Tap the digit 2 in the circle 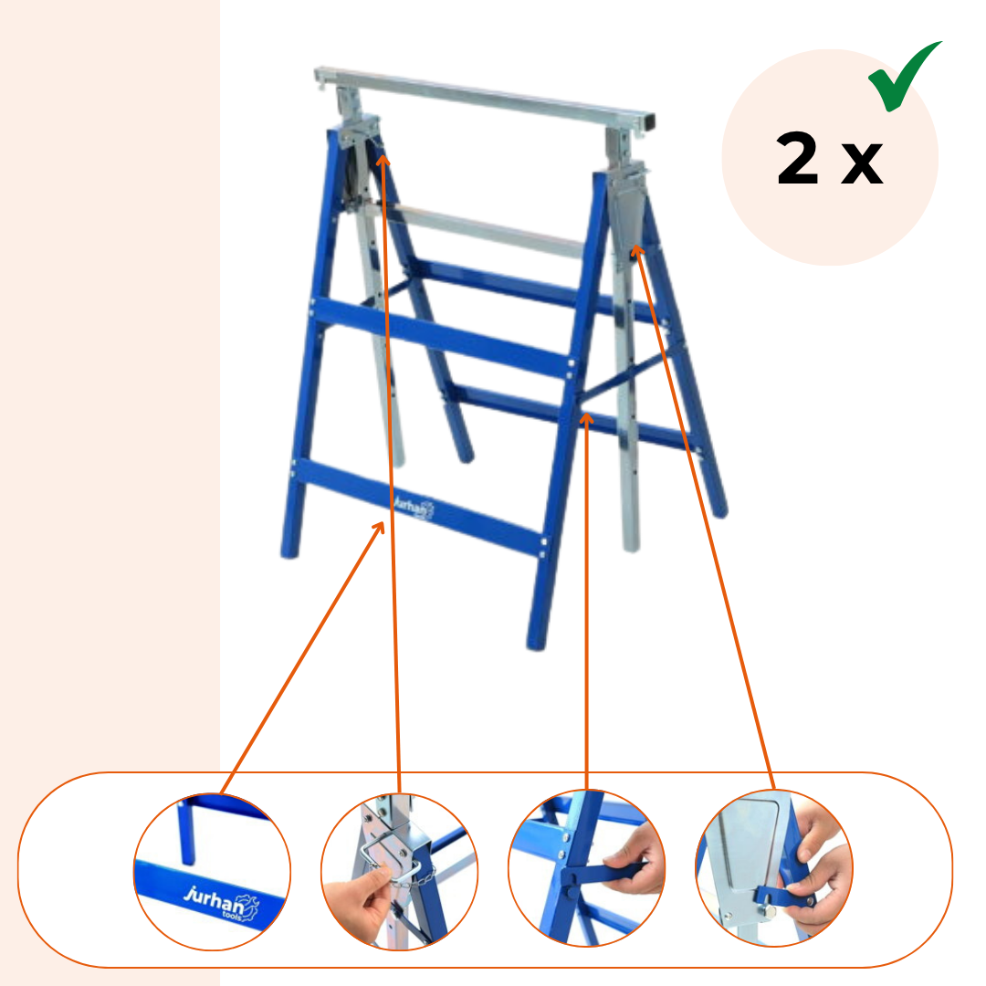[797, 158]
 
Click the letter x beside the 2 [862, 163]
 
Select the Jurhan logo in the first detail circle [221, 904]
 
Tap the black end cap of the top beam [648, 122]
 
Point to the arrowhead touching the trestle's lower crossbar [379, 528]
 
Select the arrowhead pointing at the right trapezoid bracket [637, 251]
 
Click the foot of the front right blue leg [536, 643]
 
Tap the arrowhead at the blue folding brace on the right [586, 419]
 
